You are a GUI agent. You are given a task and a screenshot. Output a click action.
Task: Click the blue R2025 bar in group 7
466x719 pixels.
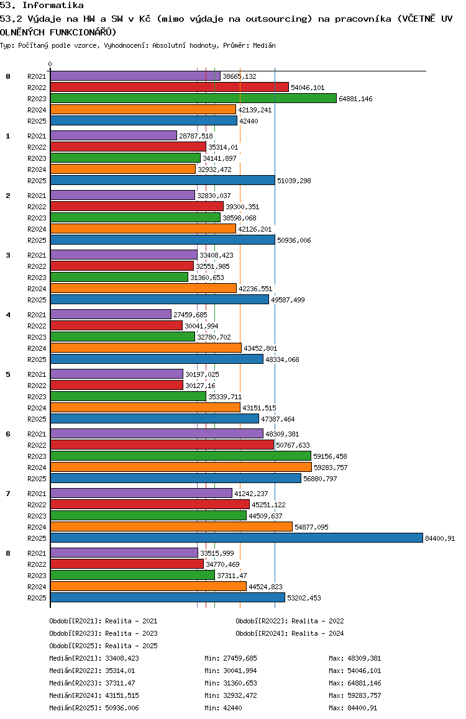pyautogui.click(x=237, y=538)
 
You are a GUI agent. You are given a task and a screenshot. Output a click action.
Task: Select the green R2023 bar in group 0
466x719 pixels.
pyautogui.click(x=194, y=98)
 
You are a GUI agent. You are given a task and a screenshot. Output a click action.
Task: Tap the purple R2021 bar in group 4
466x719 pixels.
pyautogui.click(x=111, y=314)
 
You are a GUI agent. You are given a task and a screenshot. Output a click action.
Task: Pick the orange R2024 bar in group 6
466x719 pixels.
pyautogui.click(x=181, y=467)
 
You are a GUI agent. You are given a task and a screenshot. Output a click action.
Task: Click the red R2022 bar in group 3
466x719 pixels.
pyautogui.click(x=122, y=266)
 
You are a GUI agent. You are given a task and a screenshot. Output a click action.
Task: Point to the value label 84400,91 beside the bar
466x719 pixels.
pyautogui.click(x=440, y=538)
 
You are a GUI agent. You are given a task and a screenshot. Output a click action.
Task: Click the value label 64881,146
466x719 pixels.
pyautogui.click(x=355, y=99)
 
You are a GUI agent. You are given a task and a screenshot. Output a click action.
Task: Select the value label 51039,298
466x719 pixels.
pyautogui.click(x=294, y=181)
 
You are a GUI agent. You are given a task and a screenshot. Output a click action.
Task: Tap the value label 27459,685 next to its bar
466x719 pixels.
pyautogui.click(x=190, y=315)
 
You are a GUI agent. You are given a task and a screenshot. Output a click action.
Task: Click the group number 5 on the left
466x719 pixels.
pyautogui.click(x=8, y=374)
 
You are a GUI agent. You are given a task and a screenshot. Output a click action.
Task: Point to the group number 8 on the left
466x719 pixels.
pyautogui.click(x=8, y=553)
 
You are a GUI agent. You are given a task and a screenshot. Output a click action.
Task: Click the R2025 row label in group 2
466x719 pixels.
pyautogui.click(x=37, y=240)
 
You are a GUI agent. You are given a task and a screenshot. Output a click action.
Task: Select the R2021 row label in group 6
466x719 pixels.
pyautogui.click(x=37, y=434)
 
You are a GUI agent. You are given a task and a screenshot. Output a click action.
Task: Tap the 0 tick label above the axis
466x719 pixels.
pyautogui.click(x=50, y=64)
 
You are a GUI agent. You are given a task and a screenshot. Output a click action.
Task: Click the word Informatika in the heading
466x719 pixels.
pyautogui.click(x=53, y=6)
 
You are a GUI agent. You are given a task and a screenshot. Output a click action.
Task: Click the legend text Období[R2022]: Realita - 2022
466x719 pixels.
pyautogui.click(x=290, y=621)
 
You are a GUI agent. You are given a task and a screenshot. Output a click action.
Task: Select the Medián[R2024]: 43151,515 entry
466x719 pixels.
pyautogui.click(x=94, y=695)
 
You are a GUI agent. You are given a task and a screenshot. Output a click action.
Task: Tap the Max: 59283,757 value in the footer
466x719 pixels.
pyautogui.click(x=355, y=695)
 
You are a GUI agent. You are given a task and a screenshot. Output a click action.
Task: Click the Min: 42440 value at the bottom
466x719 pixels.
pyautogui.click(x=223, y=708)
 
